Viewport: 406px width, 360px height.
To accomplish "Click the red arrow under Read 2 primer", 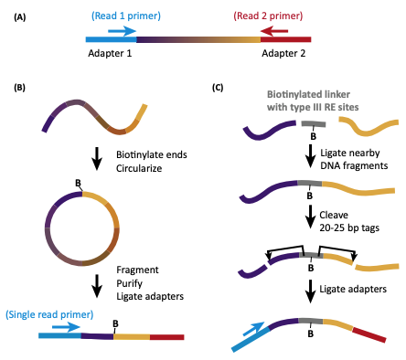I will click(x=275, y=31).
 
